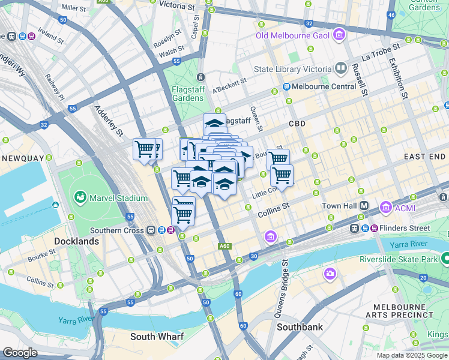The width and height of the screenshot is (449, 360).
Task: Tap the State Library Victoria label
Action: (292, 68)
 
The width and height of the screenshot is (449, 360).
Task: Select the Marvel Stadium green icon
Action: (79, 197)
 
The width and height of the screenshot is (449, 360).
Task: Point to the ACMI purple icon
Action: (385, 208)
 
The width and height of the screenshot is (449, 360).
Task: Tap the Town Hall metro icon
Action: (364, 206)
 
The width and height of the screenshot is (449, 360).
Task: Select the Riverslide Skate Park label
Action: (399, 259)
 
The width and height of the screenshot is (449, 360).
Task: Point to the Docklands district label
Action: (76, 241)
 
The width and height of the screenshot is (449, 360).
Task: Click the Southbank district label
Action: (300, 328)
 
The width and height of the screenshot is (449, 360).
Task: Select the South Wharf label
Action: (157, 337)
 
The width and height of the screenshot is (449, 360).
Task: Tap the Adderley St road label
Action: (108, 121)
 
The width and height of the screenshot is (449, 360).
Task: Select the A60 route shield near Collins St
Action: (224, 246)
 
